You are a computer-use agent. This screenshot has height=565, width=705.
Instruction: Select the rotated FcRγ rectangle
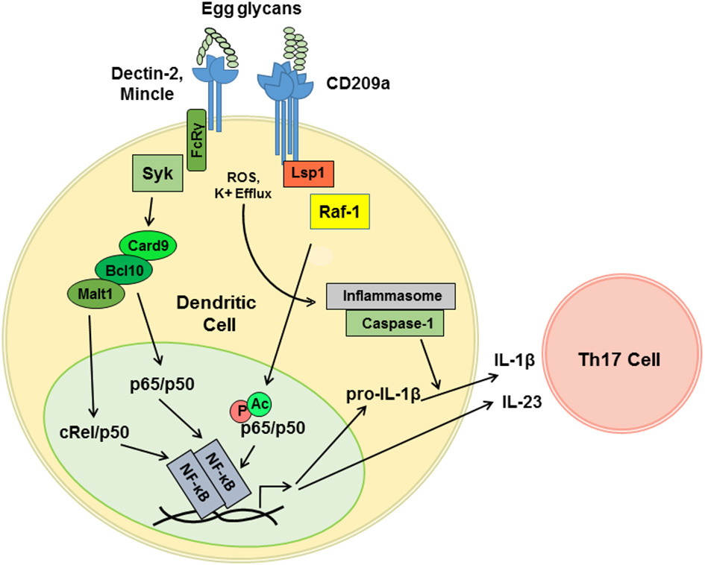point(196,138)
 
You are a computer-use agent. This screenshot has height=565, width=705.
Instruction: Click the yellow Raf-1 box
point(339,213)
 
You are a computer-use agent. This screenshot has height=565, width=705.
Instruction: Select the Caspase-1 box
point(392,324)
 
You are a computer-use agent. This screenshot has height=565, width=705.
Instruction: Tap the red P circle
point(240,410)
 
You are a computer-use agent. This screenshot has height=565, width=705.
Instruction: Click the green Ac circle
point(259,403)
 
